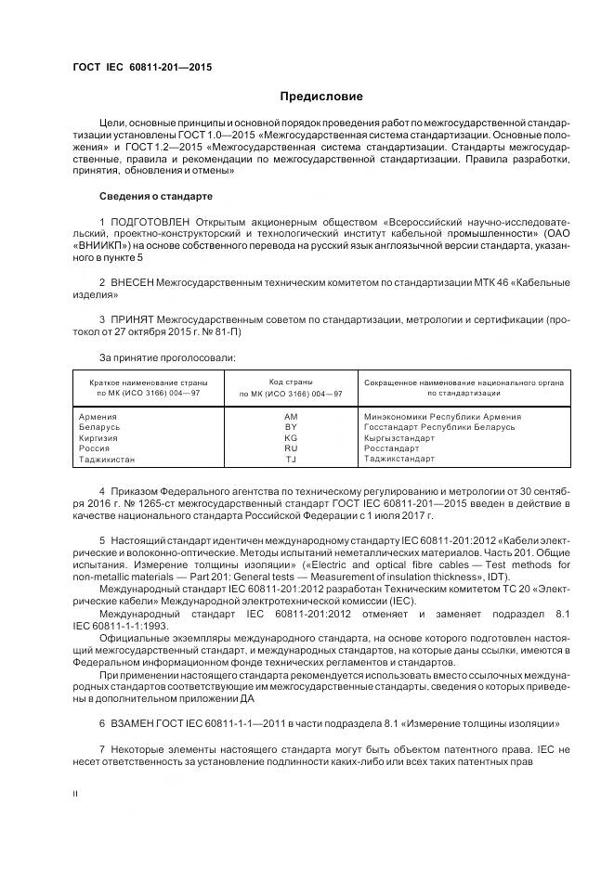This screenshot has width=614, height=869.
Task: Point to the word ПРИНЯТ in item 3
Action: tap(133, 318)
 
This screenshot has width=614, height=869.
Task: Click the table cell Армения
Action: tap(98, 417)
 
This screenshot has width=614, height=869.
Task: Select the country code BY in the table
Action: tap(290, 427)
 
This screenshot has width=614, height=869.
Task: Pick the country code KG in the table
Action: tap(290, 437)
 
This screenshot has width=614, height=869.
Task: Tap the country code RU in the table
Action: tap(290, 448)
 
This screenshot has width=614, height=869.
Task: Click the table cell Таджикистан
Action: tap(108, 459)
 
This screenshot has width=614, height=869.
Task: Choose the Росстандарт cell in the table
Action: tap(394, 448)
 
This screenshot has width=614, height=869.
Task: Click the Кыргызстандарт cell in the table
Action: tap(402, 437)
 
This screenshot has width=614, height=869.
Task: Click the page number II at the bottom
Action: tap(75, 794)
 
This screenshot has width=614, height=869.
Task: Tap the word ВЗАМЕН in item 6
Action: tap(136, 722)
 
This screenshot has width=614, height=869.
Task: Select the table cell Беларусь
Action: tap(100, 427)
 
